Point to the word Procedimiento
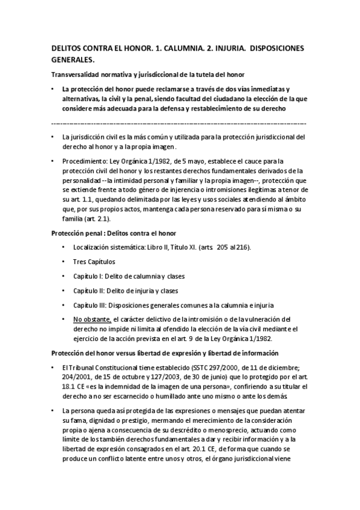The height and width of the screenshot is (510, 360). coord(85,161)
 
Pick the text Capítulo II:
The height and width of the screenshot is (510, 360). coord(89,290)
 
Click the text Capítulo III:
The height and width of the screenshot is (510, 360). coord(90,304)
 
